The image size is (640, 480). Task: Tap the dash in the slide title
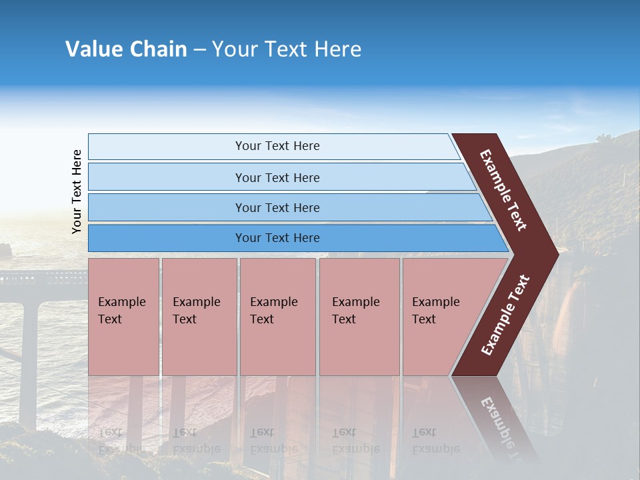coord(199,49)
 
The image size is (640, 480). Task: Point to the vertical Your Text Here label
coord(77,191)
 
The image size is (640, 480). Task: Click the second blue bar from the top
coord(277,177)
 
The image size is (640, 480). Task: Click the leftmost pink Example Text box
coord(123,316)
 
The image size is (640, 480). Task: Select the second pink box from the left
coord(199,316)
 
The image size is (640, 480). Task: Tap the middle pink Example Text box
coord(277,316)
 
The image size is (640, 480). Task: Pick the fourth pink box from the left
coord(359,316)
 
